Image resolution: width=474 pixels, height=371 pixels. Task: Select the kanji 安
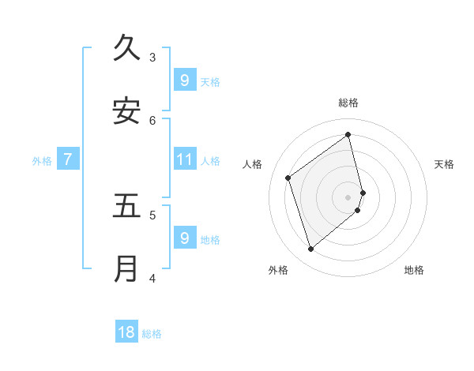[x=126, y=111]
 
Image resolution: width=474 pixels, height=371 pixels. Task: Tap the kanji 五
[x=126, y=206]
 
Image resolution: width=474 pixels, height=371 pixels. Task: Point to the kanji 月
[x=126, y=269]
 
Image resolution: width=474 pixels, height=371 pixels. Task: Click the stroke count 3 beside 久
[x=152, y=57]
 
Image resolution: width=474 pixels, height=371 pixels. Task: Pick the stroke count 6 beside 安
[x=152, y=120]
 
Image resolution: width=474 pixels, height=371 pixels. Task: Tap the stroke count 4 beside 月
[x=152, y=278]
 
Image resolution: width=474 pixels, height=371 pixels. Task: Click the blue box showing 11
[x=185, y=159]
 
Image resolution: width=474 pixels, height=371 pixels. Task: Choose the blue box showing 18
[x=126, y=332]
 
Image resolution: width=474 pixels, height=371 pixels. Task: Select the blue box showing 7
[x=68, y=159]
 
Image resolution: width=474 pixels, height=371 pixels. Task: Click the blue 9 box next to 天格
[x=185, y=80]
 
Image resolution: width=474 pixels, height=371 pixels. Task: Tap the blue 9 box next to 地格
[x=185, y=238]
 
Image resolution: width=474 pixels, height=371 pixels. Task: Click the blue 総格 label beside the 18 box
[x=152, y=334]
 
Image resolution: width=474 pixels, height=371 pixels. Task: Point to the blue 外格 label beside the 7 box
[x=42, y=161]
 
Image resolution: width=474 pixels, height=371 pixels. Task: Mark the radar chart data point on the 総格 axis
[x=348, y=134]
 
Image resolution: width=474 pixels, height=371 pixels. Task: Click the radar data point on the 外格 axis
[x=310, y=249]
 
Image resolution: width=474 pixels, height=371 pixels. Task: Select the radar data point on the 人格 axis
[x=288, y=178]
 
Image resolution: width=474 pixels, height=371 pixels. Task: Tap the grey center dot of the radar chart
[x=348, y=197]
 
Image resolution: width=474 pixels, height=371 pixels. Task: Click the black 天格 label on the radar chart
[x=444, y=164]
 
